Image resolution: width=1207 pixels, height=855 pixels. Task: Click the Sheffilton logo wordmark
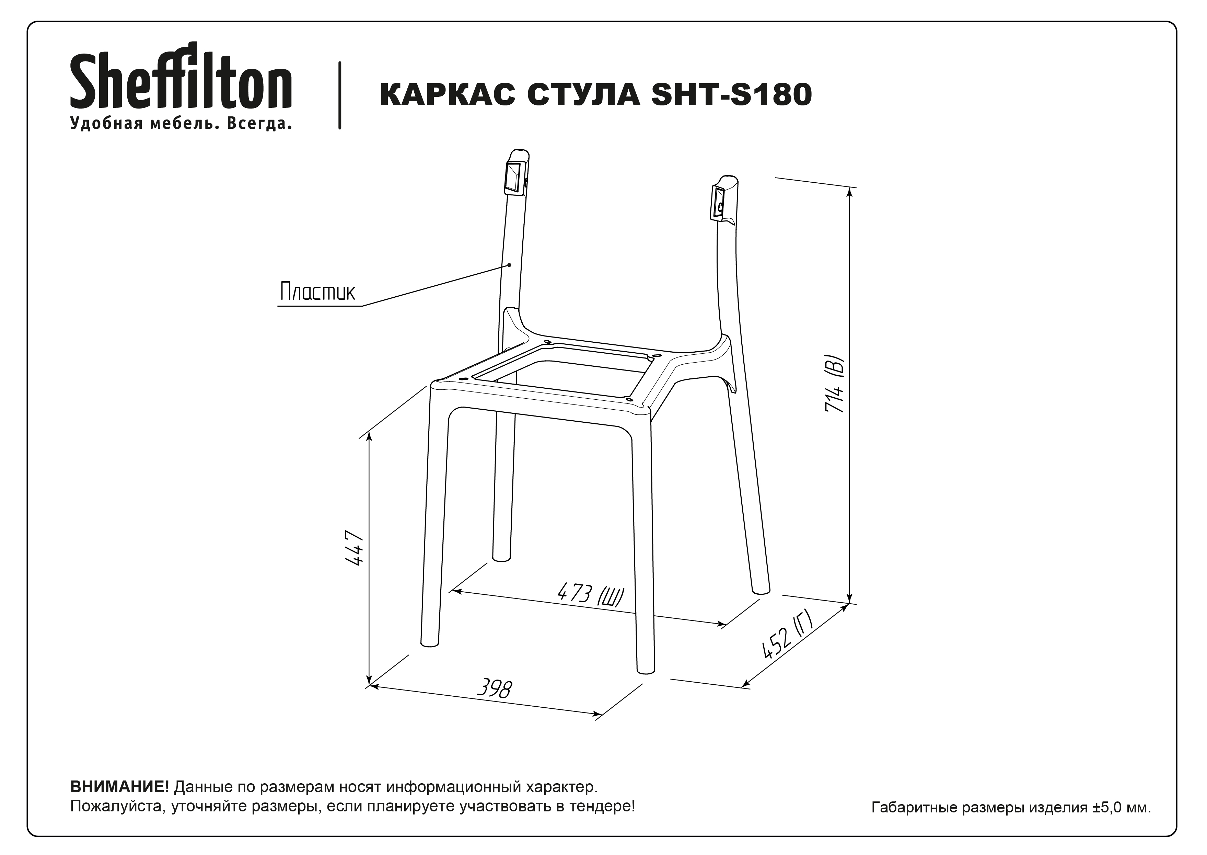click(x=181, y=75)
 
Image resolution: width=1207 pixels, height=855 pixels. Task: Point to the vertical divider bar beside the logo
click(x=340, y=95)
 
